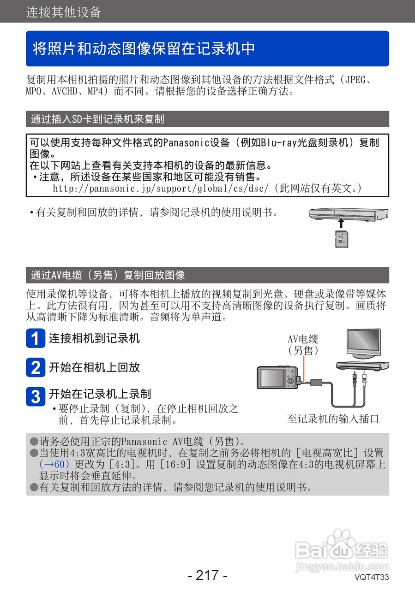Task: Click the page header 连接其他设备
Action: (x=64, y=12)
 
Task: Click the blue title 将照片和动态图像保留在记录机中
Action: (x=144, y=48)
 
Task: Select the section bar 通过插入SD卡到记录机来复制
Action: (x=97, y=119)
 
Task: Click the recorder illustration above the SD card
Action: (x=349, y=213)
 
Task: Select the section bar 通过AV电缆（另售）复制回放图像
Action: (x=108, y=275)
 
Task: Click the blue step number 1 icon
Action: (x=35, y=339)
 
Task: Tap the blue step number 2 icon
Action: (x=35, y=367)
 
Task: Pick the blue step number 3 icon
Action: (x=35, y=396)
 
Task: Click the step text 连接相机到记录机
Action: (x=94, y=338)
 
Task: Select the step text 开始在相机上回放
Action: (x=94, y=367)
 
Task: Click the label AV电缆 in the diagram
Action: (x=303, y=340)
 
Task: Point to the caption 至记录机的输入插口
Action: (x=333, y=419)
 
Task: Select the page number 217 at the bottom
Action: (x=207, y=575)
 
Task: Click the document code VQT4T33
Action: (x=372, y=577)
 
